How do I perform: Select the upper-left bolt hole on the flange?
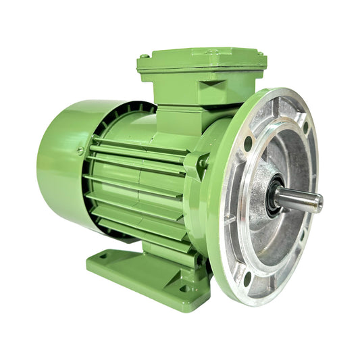click(249, 143)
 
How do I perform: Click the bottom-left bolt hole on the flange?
click(247, 275)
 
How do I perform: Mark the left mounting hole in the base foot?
click(103, 256)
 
